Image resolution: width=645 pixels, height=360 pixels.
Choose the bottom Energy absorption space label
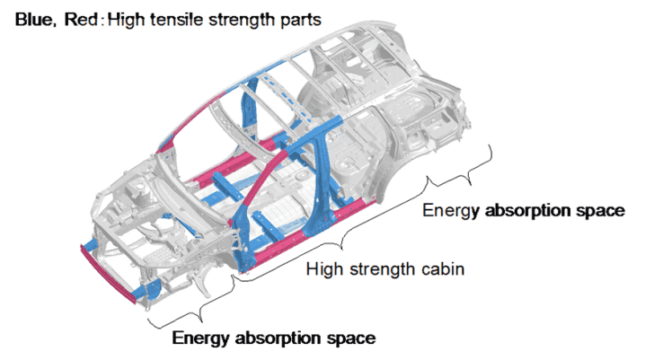click(x=273, y=338)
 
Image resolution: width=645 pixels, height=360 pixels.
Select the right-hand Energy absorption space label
click(x=523, y=211)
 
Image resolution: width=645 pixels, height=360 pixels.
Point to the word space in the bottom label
click(x=354, y=338)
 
